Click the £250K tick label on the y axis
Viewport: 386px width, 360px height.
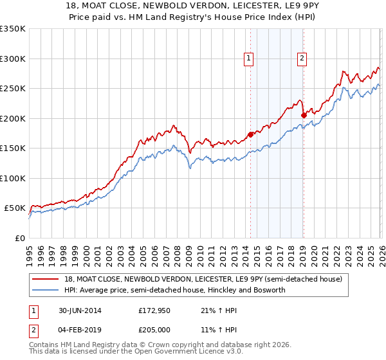(13, 89)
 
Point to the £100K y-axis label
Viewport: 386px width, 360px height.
(13, 178)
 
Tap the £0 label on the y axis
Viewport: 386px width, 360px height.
(20, 238)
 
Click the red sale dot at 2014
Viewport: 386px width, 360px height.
(250, 135)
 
